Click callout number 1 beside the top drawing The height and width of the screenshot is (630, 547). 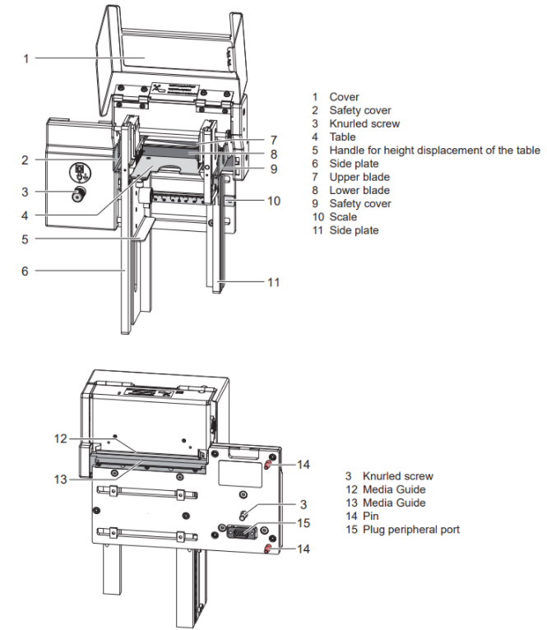(x=26, y=58)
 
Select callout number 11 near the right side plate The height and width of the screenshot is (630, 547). (x=274, y=282)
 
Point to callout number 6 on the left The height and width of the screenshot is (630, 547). (x=25, y=270)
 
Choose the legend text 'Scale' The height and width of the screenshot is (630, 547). (x=344, y=217)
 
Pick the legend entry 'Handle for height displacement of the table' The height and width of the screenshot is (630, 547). (x=434, y=151)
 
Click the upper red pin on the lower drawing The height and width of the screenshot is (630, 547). (x=269, y=466)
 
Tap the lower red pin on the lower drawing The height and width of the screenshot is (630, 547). (x=269, y=548)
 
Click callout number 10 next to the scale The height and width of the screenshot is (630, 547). (x=274, y=200)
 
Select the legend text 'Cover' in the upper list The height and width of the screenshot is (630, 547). (x=344, y=97)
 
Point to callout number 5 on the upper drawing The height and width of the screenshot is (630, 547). (x=25, y=240)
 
